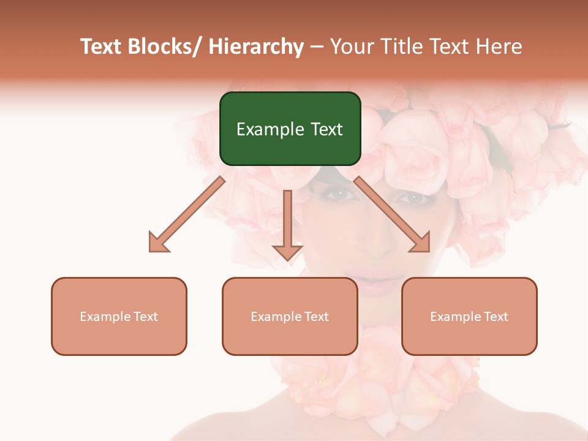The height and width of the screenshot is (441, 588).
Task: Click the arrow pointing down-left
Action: point(190,212)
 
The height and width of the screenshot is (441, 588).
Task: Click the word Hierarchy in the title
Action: point(256,47)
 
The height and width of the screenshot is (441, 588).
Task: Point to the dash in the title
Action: point(317,47)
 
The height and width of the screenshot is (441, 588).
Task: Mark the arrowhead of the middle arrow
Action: point(287,251)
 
